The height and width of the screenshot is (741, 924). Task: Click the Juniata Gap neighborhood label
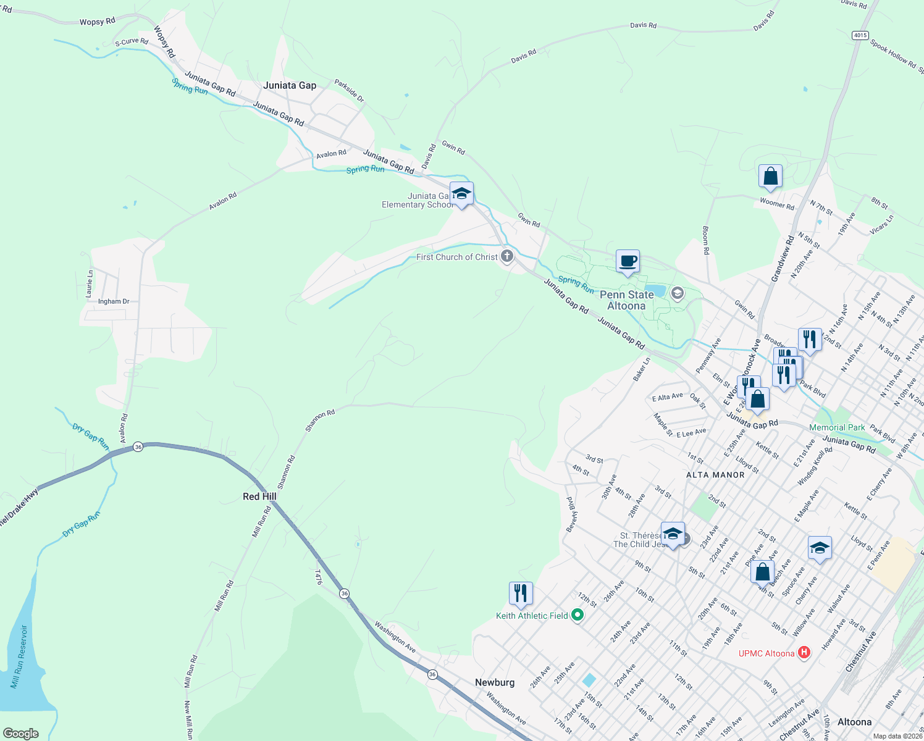click(290, 85)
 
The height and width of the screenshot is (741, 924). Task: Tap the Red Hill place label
click(259, 496)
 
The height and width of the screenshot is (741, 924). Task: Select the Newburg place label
click(495, 682)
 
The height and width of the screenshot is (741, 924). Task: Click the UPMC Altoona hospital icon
click(804, 653)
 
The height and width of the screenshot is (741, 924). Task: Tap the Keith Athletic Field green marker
click(577, 615)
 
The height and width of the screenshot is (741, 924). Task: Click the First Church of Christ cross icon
click(507, 256)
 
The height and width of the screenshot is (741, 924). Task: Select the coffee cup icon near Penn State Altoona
click(628, 261)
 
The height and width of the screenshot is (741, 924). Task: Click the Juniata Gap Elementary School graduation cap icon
click(461, 194)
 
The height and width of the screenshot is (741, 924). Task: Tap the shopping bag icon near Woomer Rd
click(770, 177)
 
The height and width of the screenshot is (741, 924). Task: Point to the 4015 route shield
click(860, 35)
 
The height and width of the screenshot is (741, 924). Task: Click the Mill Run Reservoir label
click(19, 657)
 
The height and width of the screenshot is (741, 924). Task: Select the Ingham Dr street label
click(114, 301)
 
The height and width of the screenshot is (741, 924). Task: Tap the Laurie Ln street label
click(90, 282)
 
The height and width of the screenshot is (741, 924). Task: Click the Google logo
click(21, 733)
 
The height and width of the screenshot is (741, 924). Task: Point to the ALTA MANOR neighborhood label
click(715, 475)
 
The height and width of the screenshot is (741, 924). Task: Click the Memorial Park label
click(837, 427)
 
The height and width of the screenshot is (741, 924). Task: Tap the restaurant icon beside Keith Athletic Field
click(521, 593)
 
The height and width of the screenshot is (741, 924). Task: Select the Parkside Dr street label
click(350, 91)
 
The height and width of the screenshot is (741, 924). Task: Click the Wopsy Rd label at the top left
click(98, 22)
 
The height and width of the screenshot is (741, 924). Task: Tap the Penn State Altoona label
click(626, 300)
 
